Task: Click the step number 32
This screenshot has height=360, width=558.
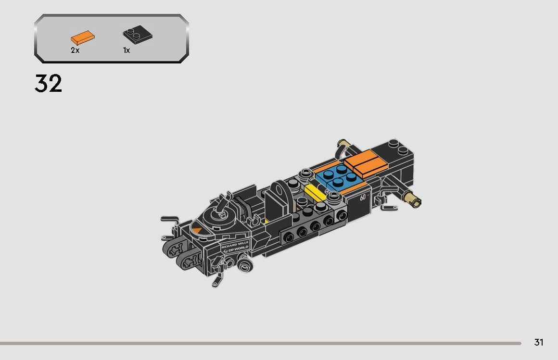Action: (x=48, y=84)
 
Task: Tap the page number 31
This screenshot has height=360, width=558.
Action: (x=538, y=342)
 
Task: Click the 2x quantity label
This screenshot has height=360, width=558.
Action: (x=75, y=50)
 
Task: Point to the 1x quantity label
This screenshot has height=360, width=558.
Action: (x=127, y=50)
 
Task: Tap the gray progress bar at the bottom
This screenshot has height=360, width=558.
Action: (x=260, y=343)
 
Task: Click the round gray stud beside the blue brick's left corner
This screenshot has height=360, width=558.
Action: (x=304, y=174)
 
